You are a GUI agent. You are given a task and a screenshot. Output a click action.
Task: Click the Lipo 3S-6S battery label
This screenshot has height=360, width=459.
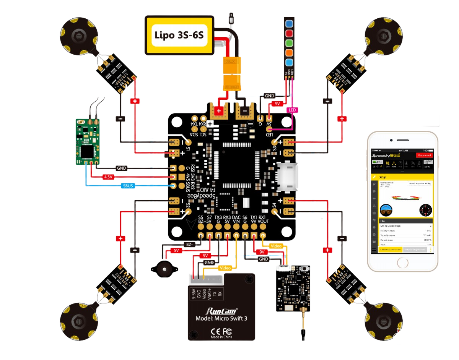pos(179,36)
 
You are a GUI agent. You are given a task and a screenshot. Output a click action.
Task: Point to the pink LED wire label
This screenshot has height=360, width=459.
pos(292,110)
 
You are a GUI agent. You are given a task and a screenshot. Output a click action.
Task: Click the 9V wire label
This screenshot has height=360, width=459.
pos(262,252)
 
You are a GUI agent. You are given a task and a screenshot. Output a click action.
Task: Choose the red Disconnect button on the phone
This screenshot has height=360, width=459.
pos(424,155)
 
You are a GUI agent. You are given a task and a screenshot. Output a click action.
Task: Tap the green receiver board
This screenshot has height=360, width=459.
pos(89,141)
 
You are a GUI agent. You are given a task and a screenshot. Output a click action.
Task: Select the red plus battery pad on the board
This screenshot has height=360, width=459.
pos(219,111)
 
